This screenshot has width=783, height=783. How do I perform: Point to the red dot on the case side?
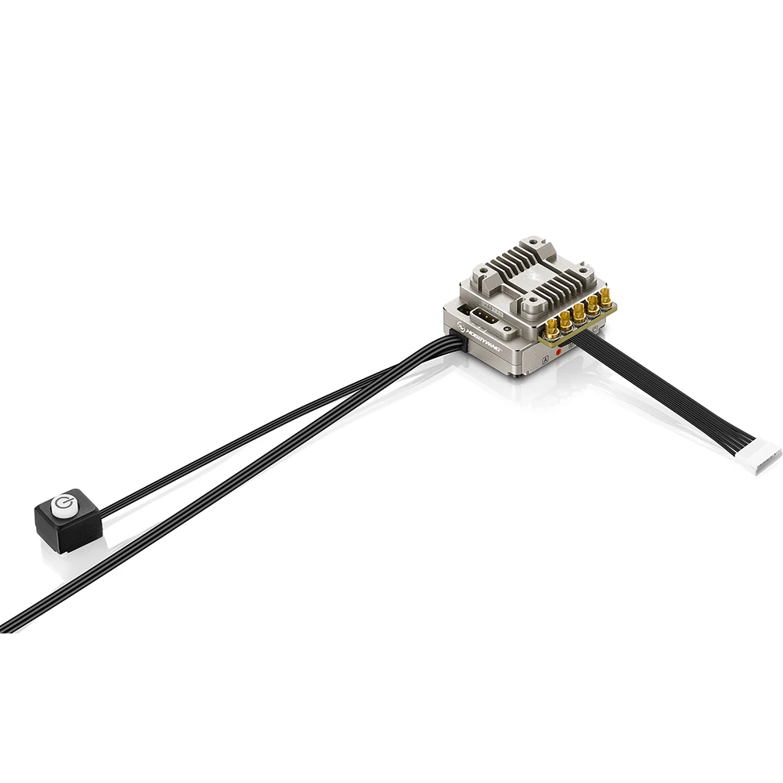tap(558, 352)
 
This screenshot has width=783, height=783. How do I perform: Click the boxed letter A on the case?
tap(545, 360)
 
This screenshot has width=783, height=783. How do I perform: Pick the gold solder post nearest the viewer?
tap(552, 329)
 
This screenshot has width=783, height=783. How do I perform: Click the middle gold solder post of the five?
tap(579, 313)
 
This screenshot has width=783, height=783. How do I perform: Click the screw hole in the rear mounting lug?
tap(533, 241)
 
